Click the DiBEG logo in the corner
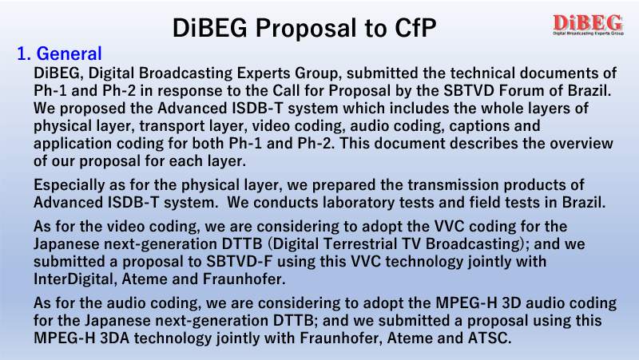pos(588,25)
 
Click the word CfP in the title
pos(415,28)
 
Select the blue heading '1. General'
pos(59,53)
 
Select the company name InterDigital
pos(73,279)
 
